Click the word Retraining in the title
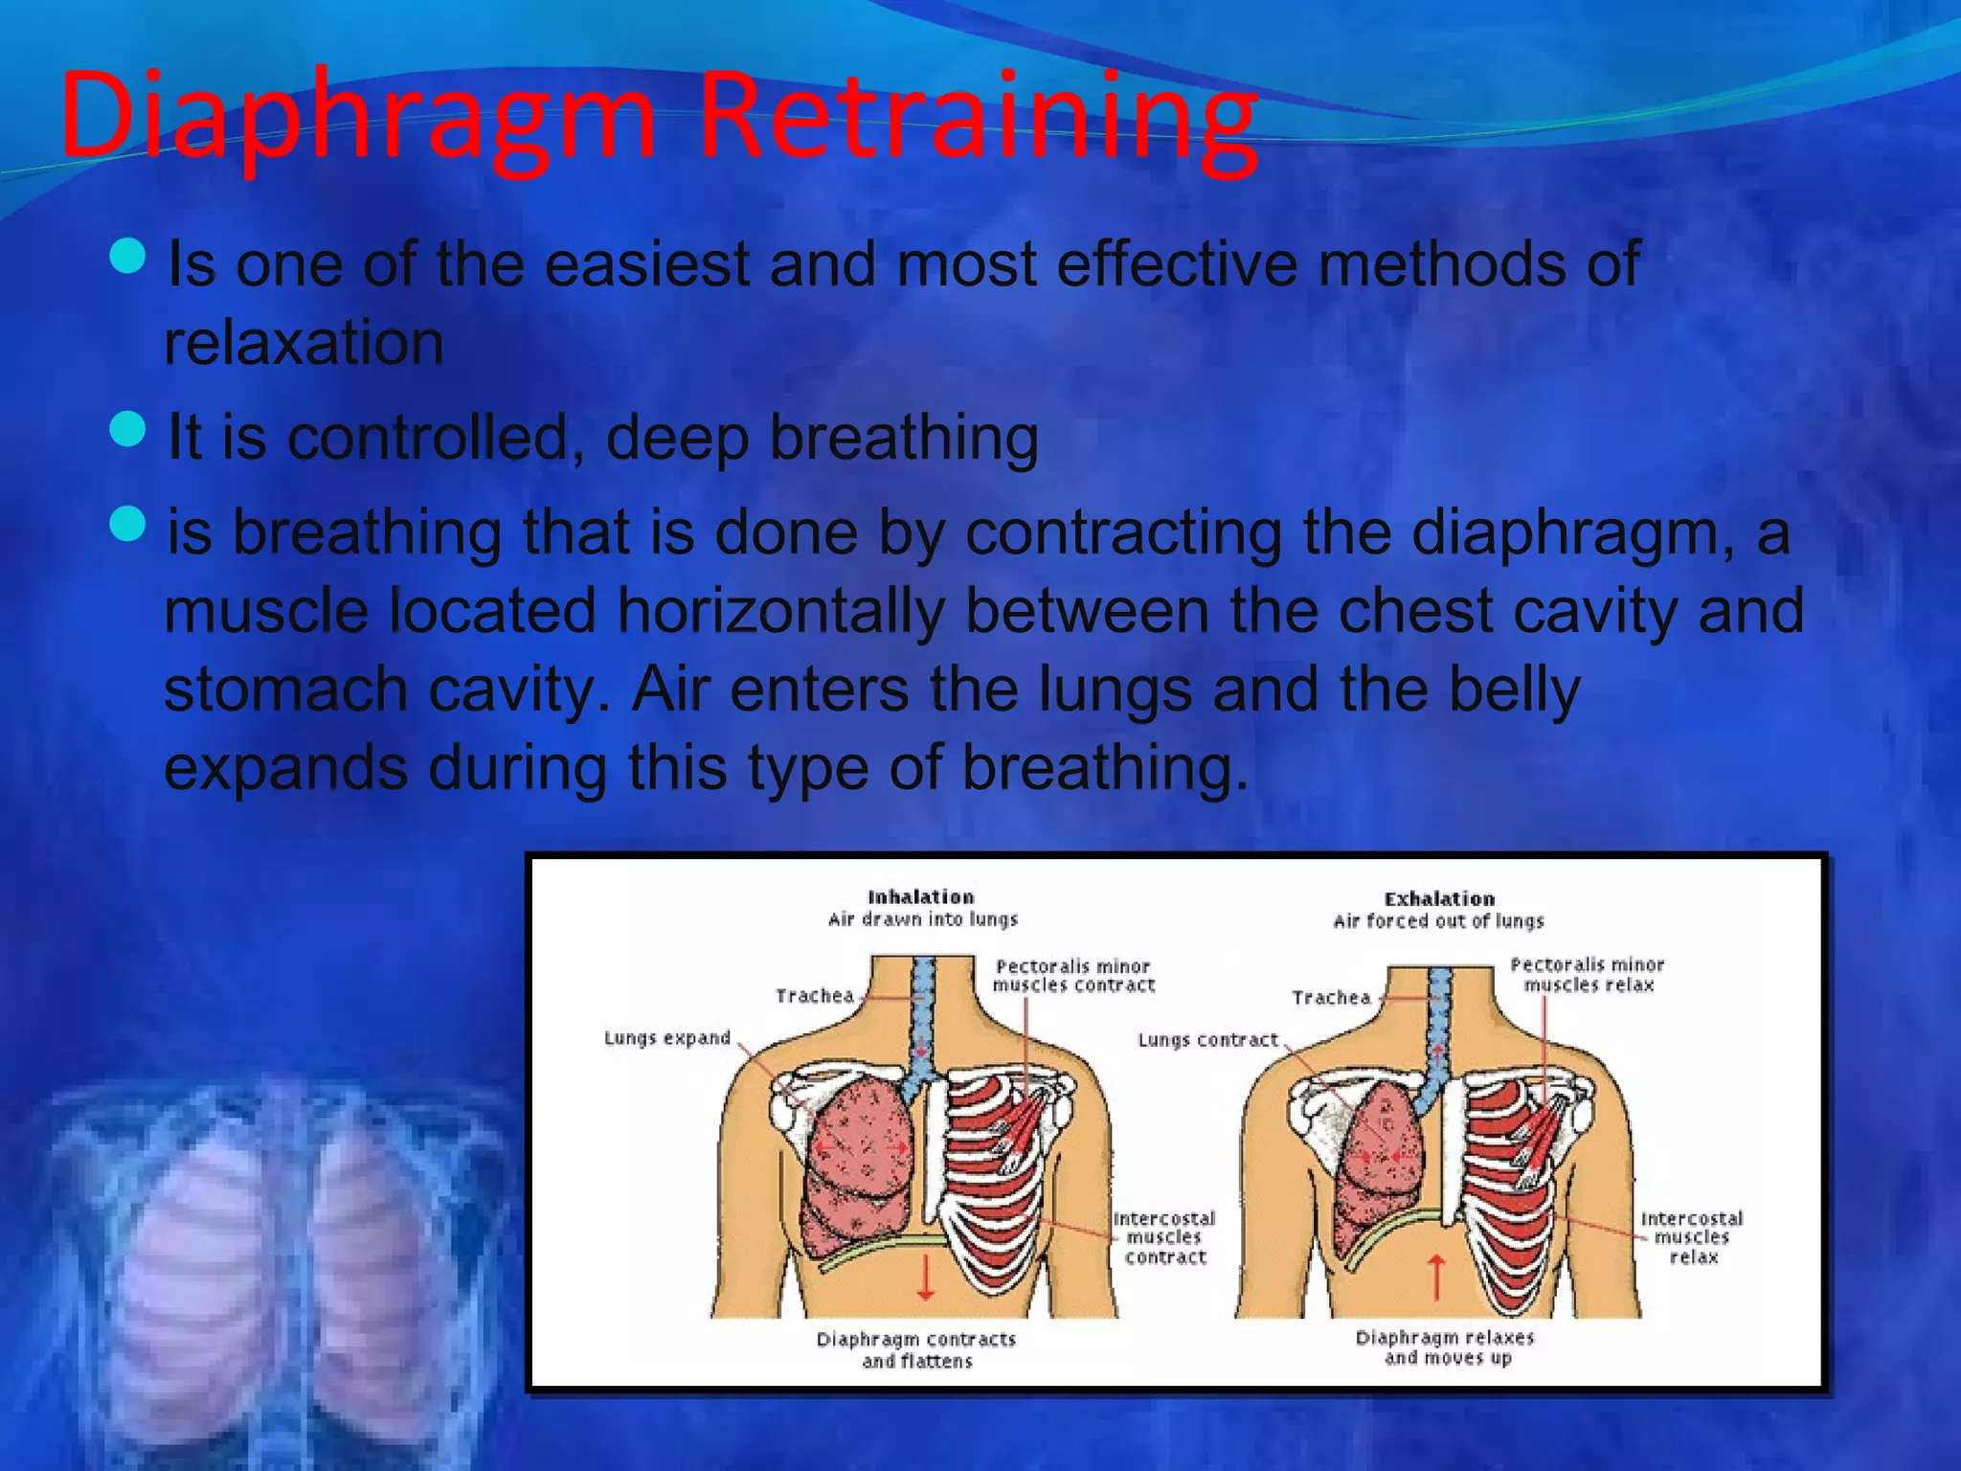pyautogui.click(x=977, y=117)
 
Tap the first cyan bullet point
pyautogui.click(x=127, y=256)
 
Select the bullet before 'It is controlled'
pyautogui.click(x=127, y=429)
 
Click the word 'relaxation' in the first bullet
pyautogui.click(x=304, y=343)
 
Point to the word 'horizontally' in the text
pyautogui.click(x=780, y=611)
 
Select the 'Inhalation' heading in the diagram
pyautogui.click(x=920, y=897)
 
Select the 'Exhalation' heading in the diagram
pyautogui.click(x=1438, y=899)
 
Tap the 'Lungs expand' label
pyautogui.click(x=666, y=1038)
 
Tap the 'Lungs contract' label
pyautogui.click(x=1206, y=1040)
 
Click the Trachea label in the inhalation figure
pyautogui.click(x=814, y=996)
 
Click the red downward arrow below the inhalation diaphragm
pyautogui.click(x=925, y=1279)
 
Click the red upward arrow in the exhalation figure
pyautogui.click(x=1436, y=1277)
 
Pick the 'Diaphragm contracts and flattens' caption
pyautogui.click(x=916, y=1349)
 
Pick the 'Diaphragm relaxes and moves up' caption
pyautogui.click(x=1445, y=1347)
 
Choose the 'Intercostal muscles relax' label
pyautogui.click(x=1692, y=1237)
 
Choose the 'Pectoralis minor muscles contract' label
pyautogui.click(x=1073, y=976)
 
